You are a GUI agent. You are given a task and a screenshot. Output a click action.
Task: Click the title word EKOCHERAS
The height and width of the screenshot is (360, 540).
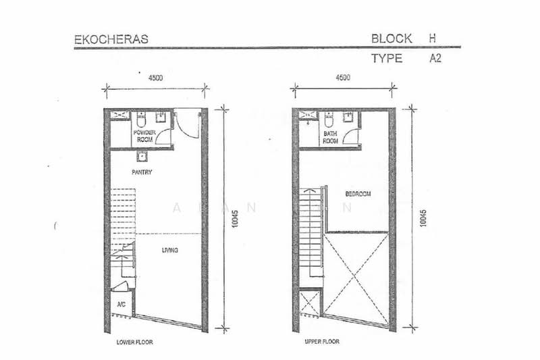tap(111, 39)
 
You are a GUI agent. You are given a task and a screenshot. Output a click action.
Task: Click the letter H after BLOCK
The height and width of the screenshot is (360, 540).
tap(432, 38)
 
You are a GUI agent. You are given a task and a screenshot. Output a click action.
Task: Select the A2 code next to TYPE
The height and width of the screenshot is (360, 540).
tap(435, 59)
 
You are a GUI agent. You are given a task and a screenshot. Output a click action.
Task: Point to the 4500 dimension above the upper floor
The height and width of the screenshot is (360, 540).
tap(343, 78)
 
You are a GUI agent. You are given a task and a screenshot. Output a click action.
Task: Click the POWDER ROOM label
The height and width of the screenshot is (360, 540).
tap(144, 136)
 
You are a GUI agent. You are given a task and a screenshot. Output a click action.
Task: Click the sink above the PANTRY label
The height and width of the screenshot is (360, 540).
tap(141, 158)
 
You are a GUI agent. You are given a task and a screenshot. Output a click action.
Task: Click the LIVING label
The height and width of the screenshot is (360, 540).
tap(169, 251)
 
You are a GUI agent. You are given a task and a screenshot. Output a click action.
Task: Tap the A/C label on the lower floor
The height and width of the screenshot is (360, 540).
tap(122, 304)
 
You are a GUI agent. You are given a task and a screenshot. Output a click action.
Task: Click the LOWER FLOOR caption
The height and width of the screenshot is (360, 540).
tap(134, 342)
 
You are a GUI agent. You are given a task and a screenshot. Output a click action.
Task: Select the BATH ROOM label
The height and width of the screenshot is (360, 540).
tap(330, 137)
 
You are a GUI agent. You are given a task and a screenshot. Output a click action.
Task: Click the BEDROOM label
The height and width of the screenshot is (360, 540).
tap(358, 194)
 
